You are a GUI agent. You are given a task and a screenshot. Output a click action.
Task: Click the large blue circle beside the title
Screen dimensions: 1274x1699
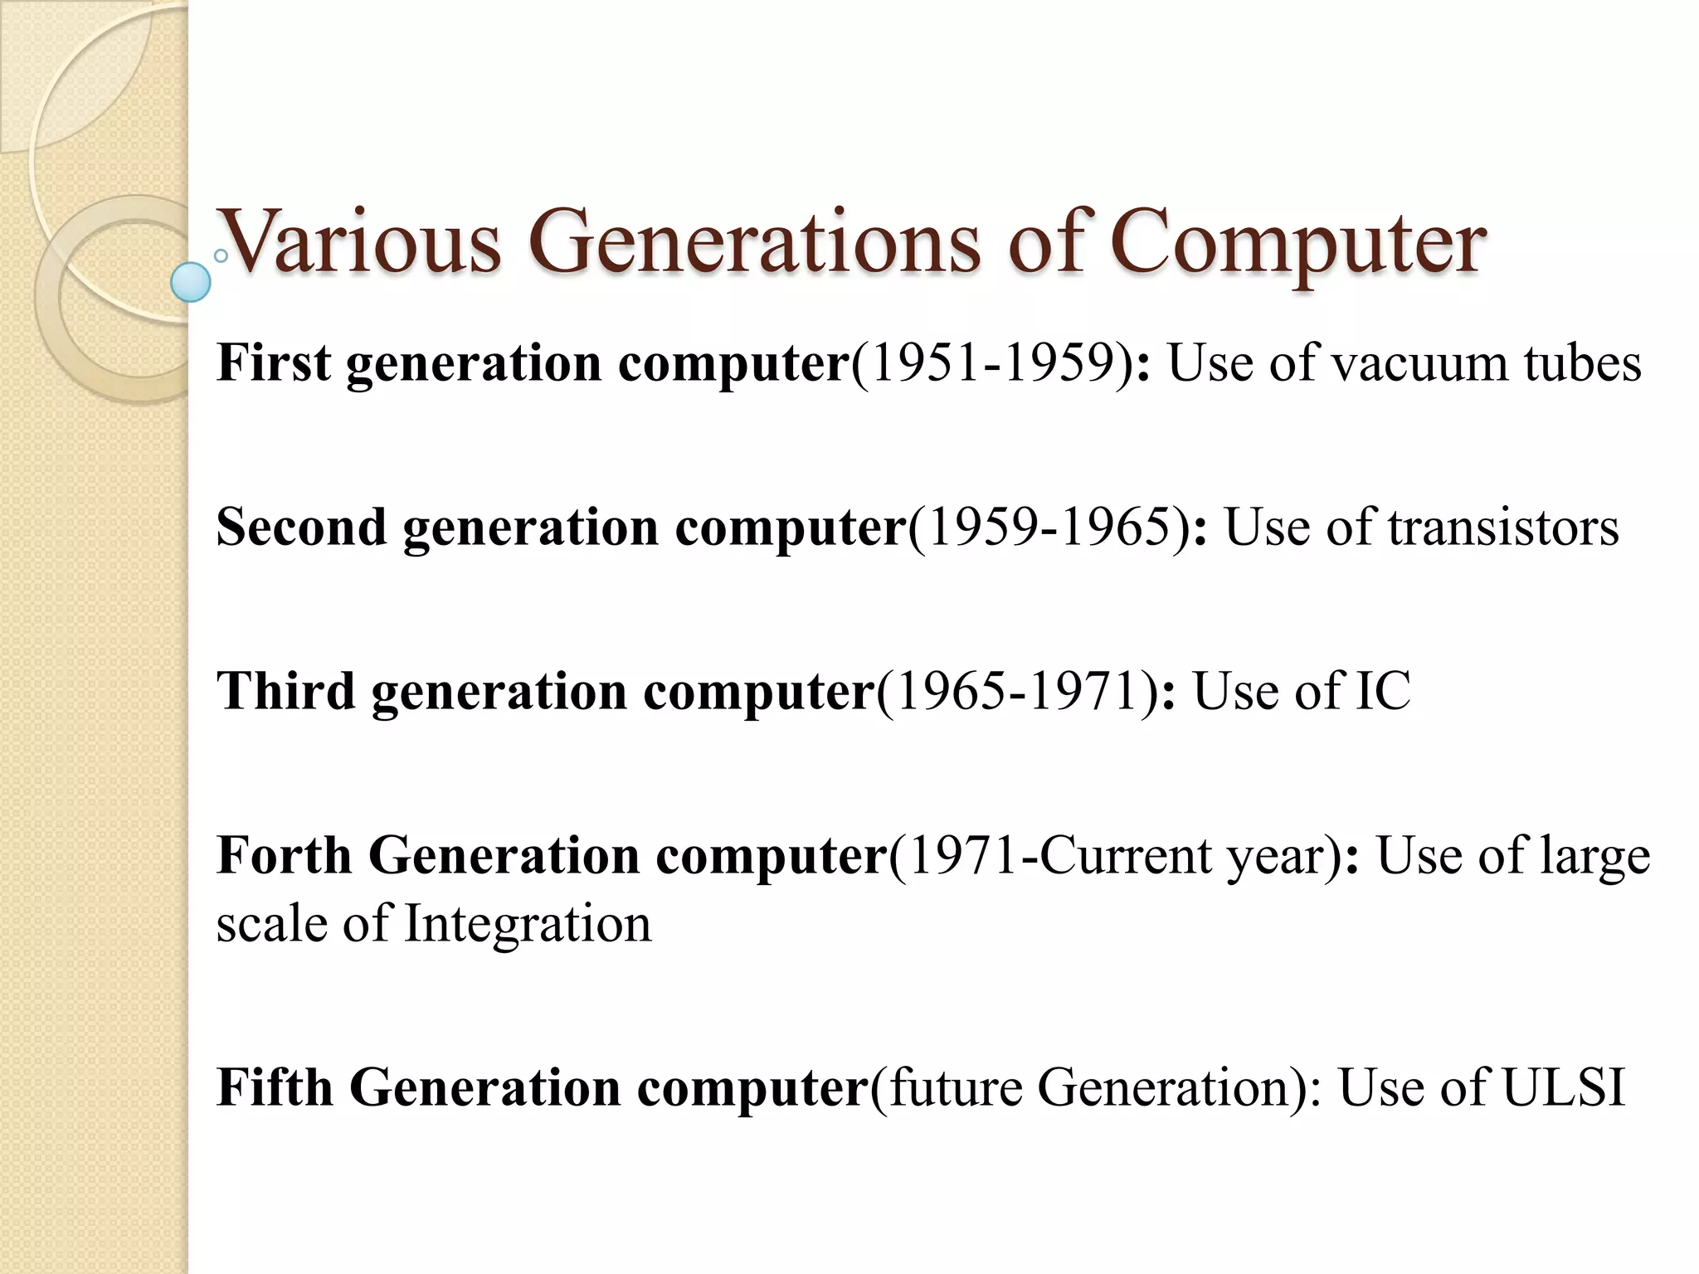[191, 282]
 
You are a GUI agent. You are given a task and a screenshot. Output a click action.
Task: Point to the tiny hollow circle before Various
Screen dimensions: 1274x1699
[221, 256]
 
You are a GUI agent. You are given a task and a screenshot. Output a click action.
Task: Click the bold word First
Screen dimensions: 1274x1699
[274, 363]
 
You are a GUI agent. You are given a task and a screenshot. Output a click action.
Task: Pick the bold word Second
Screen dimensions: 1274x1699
[301, 527]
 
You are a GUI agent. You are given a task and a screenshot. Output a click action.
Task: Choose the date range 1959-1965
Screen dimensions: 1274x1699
[1049, 527]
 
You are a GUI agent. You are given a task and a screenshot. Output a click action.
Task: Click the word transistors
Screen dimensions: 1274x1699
[1503, 527]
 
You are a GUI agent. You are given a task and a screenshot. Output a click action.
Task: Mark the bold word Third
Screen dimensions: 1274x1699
[285, 691]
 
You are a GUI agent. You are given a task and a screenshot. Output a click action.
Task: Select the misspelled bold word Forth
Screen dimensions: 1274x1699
[284, 855]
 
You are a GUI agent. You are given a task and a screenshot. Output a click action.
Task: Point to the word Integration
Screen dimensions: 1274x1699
[528, 924]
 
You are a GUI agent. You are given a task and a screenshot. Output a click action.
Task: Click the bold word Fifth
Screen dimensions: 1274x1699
[275, 1087]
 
